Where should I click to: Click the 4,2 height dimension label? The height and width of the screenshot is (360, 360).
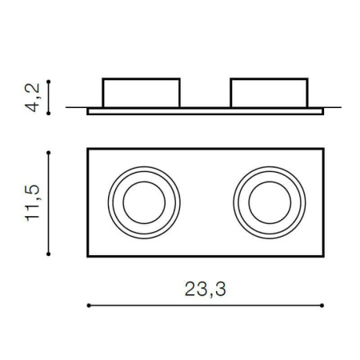pos(33,97)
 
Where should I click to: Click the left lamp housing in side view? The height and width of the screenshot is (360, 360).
pos(141,93)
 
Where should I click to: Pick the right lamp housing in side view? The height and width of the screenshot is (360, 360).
pos(269,93)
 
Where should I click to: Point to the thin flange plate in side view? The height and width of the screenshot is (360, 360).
pos(205,111)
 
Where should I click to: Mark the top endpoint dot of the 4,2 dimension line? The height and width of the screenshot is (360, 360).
pos(50,80)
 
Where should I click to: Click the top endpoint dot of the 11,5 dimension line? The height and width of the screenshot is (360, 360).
pos(50,149)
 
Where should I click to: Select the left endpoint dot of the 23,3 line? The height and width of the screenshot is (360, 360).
pos(87,305)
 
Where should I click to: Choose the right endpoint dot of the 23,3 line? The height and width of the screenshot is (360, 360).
pos(322,305)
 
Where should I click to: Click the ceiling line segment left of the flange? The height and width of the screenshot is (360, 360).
pos(76,107)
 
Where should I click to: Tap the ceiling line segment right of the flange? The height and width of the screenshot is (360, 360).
pos(333,107)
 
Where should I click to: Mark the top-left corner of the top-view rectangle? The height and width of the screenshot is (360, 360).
pos(87,148)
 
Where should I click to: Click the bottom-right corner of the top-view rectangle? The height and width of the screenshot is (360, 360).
pos(323,256)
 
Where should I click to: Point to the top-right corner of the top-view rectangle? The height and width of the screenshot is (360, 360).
pos(323,148)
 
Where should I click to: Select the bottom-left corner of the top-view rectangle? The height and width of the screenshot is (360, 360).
pos(87,256)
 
